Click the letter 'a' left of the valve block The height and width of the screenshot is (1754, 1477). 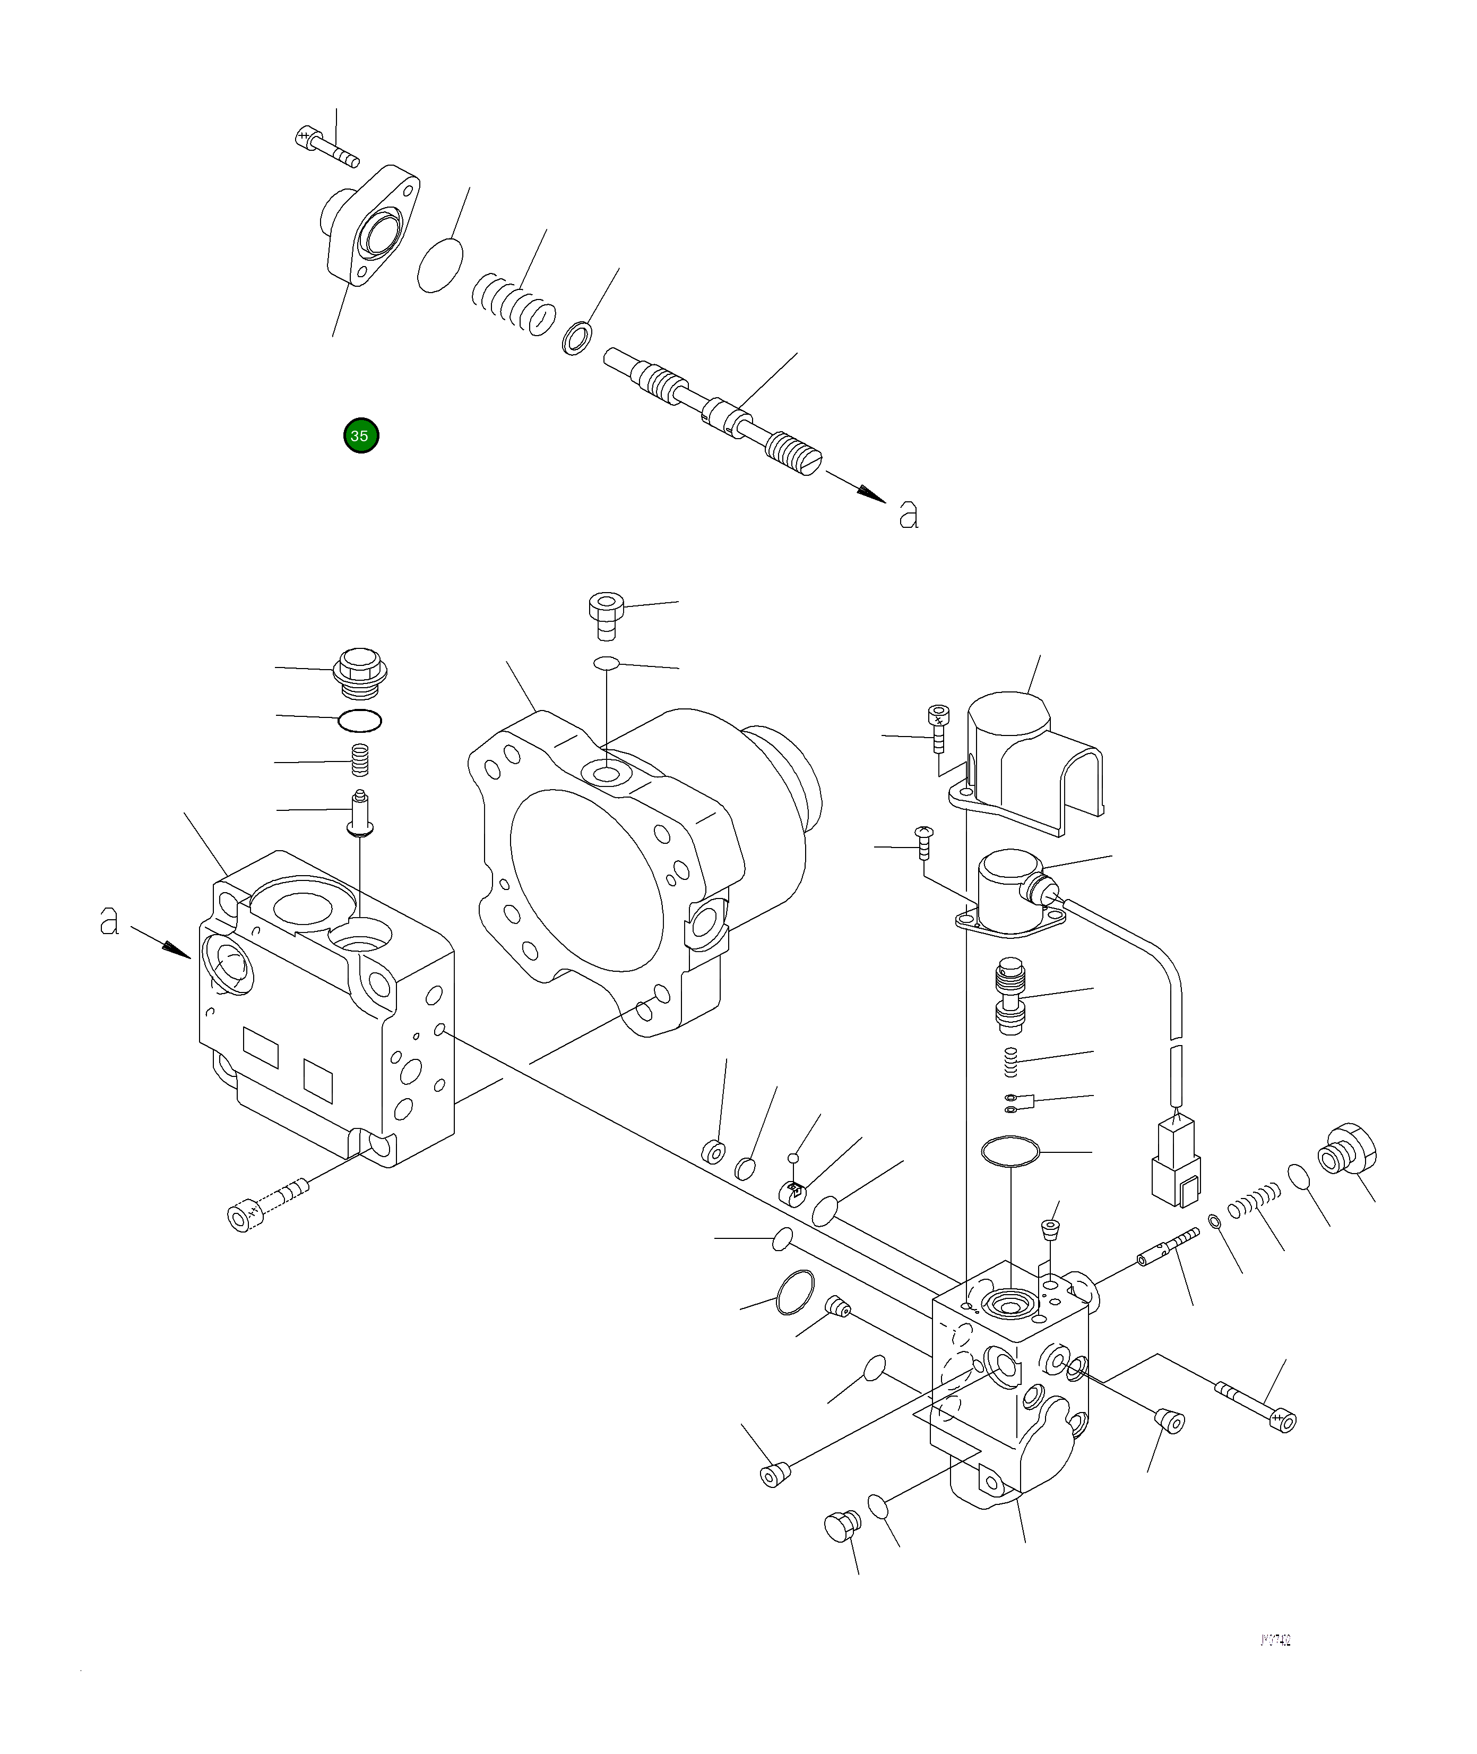click(109, 921)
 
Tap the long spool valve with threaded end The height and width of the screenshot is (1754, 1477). click(712, 411)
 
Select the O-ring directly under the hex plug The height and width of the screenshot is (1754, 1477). click(360, 718)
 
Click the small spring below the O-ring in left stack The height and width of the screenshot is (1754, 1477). click(360, 760)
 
